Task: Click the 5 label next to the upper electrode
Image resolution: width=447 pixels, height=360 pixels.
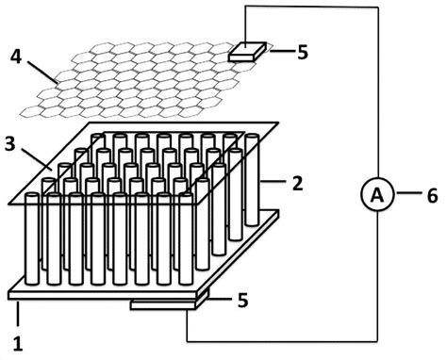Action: (302, 52)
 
